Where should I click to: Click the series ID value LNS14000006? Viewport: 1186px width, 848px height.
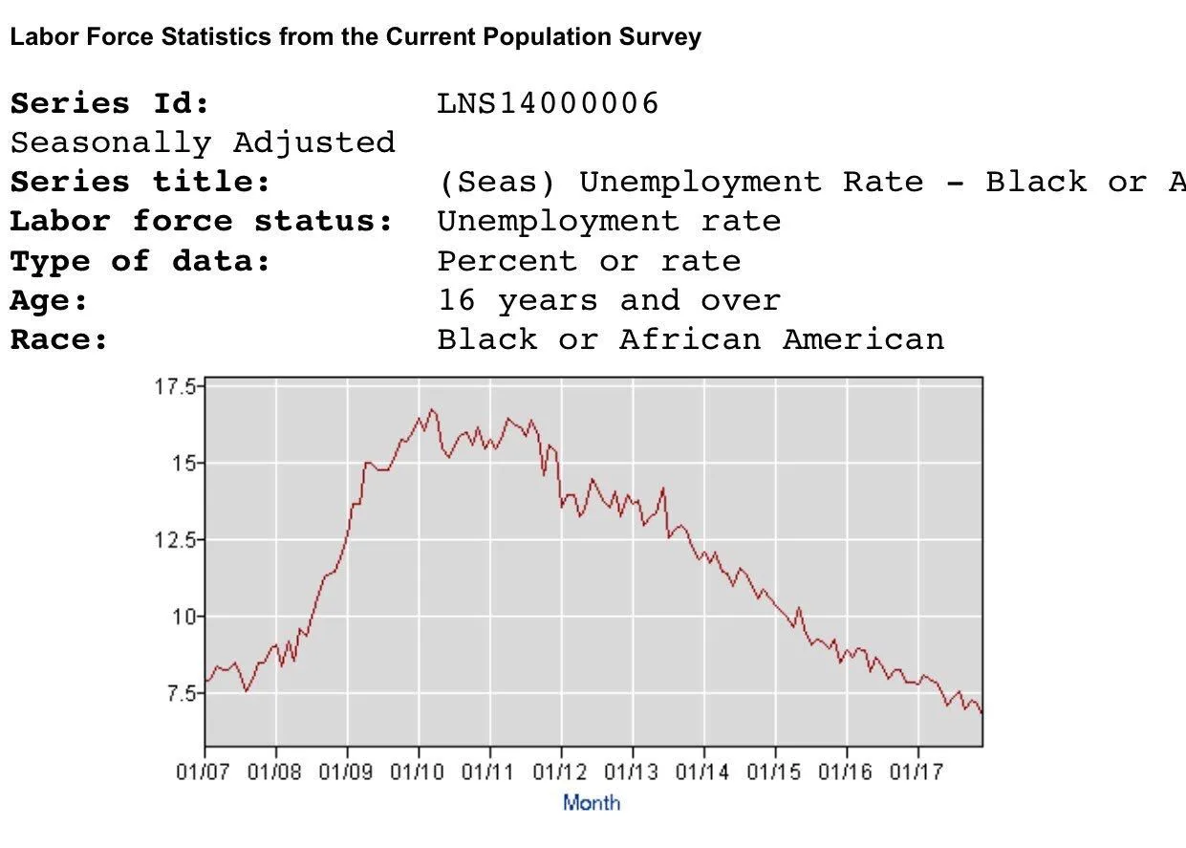point(548,103)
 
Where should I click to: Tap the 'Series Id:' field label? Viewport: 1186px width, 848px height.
point(110,103)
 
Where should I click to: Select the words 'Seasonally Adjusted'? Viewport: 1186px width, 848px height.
point(203,142)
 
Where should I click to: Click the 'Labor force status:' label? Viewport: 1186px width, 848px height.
point(202,222)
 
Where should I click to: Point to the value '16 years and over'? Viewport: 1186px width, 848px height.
point(609,300)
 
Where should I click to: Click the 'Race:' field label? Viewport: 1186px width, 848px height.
point(59,339)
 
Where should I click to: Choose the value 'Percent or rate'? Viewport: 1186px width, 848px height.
point(589,261)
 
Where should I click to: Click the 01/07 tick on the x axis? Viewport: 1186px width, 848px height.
point(205,772)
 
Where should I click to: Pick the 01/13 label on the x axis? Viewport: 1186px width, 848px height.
point(633,772)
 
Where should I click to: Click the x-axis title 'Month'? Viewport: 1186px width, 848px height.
point(592,803)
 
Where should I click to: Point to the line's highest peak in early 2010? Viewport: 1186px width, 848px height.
point(432,409)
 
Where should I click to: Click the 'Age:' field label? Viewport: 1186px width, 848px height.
point(50,300)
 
